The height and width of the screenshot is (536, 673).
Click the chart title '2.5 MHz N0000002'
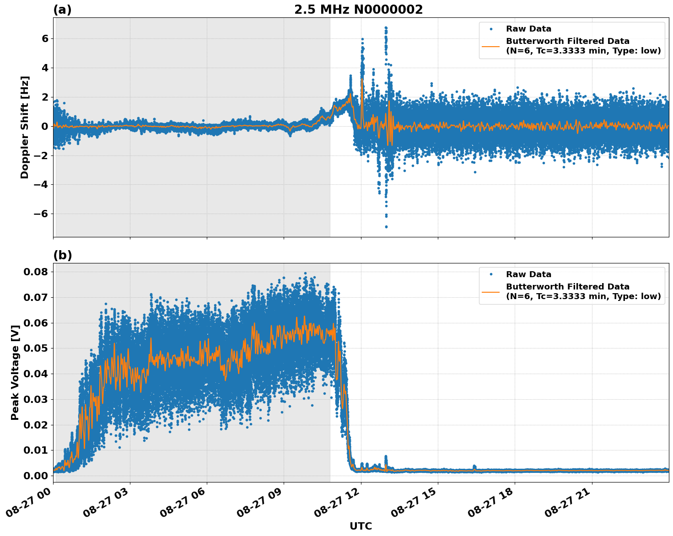click(x=358, y=10)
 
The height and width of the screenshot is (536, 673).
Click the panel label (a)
click(x=62, y=10)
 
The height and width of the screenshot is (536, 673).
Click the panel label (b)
click(x=63, y=255)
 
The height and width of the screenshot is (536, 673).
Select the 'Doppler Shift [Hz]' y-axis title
click(x=25, y=127)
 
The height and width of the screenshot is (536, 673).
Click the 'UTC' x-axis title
click(x=361, y=526)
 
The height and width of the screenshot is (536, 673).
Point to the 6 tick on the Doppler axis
click(x=45, y=39)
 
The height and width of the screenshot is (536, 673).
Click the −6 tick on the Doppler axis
click(x=42, y=214)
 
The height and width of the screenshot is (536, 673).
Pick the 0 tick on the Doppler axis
click(x=45, y=126)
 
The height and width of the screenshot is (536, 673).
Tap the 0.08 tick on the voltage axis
click(x=36, y=272)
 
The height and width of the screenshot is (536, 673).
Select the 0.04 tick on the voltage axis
click(x=36, y=374)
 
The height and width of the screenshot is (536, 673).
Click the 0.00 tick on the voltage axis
click(x=36, y=476)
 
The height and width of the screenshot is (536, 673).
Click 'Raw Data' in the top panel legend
click(x=528, y=29)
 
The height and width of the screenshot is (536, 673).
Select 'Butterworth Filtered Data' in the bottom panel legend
click(x=567, y=287)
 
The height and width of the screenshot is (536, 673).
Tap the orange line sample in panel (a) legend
click(x=491, y=46)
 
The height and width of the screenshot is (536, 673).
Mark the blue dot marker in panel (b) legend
click(x=491, y=274)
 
